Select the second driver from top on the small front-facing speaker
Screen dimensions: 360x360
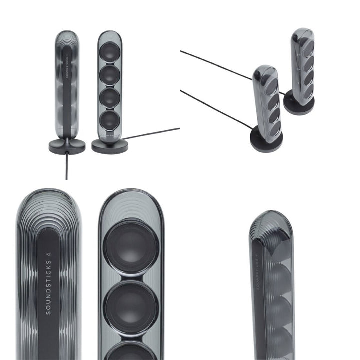tap(110, 75)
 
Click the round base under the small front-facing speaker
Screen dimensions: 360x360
tap(110, 145)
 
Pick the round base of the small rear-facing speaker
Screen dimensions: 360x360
tap(67, 147)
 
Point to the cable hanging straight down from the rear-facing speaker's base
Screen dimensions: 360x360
tap(67, 166)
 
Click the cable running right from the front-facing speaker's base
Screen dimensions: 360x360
tap(151, 133)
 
